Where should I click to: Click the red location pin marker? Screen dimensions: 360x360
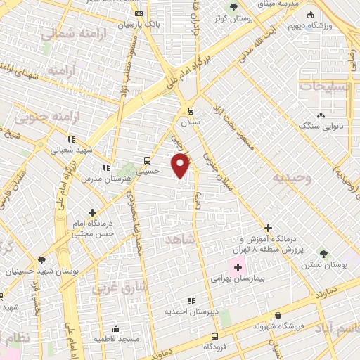(x=181, y=165)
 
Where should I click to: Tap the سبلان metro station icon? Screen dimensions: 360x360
(x=191, y=110)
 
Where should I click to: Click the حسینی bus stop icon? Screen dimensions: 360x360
(x=146, y=160)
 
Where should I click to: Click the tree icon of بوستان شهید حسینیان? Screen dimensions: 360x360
(x=42, y=259)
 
